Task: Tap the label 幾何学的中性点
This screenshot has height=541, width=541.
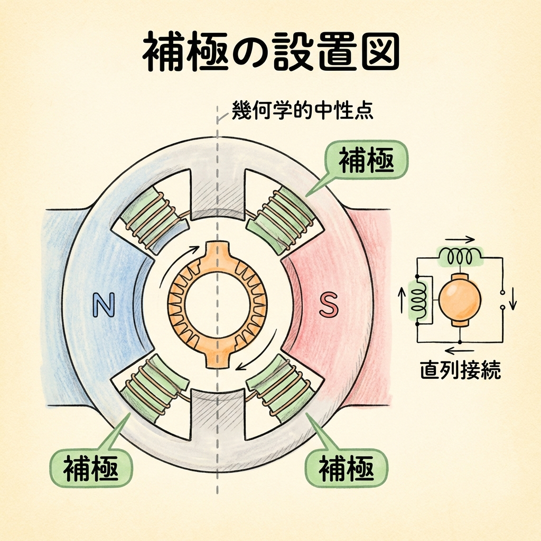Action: (x=302, y=112)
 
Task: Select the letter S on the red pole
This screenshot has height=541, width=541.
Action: (x=329, y=305)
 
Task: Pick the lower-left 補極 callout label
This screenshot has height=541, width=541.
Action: (x=90, y=467)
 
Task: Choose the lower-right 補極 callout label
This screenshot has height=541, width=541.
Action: (x=346, y=467)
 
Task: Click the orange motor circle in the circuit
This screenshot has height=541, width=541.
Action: (x=460, y=298)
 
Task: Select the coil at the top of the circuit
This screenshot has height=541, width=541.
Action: (x=459, y=257)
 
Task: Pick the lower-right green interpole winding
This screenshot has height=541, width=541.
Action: (x=282, y=387)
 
